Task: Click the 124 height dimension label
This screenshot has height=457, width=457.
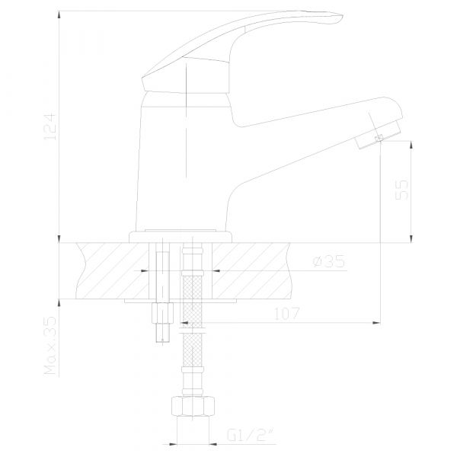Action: (x=50, y=127)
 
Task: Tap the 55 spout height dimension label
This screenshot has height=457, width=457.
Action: (x=401, y=190)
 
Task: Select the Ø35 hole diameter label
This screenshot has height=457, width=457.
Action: (x=329, y=261)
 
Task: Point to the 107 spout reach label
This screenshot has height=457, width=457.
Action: (x=287, y=314)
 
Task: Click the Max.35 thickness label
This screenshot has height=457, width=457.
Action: (x=50, y=345)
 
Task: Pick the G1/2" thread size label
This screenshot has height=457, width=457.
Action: (x=251, y=435)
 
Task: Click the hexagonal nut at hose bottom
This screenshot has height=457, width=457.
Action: (x=193, y=406)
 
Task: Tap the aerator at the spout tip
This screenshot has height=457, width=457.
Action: (x=378, y=136)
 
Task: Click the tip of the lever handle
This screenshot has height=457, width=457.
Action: (x=342, y=15)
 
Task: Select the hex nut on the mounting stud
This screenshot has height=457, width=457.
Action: (x=162, y=313)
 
